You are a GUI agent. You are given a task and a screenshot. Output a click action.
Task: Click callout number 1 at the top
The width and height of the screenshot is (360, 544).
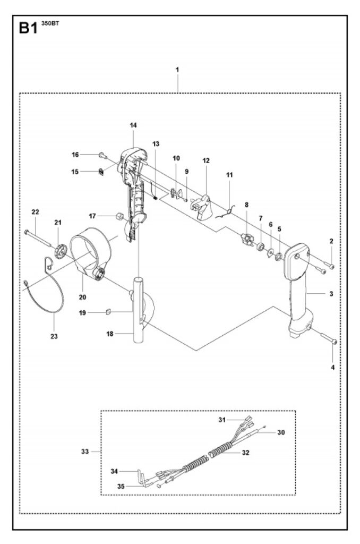coord(177,70)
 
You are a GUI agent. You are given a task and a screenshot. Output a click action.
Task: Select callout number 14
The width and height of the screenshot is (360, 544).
coord(133,125)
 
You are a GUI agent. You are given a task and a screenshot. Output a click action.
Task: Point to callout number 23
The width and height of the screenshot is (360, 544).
coord(54,336)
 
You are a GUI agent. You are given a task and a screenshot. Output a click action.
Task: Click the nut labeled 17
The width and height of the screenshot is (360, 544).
coord(120,216)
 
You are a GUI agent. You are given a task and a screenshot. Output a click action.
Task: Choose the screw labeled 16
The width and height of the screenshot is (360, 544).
coord(101,155)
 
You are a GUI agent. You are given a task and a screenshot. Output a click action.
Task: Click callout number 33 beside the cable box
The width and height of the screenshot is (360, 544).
coord(84,452)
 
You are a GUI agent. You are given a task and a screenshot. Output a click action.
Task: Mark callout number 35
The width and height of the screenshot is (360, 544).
coord(121,486)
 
